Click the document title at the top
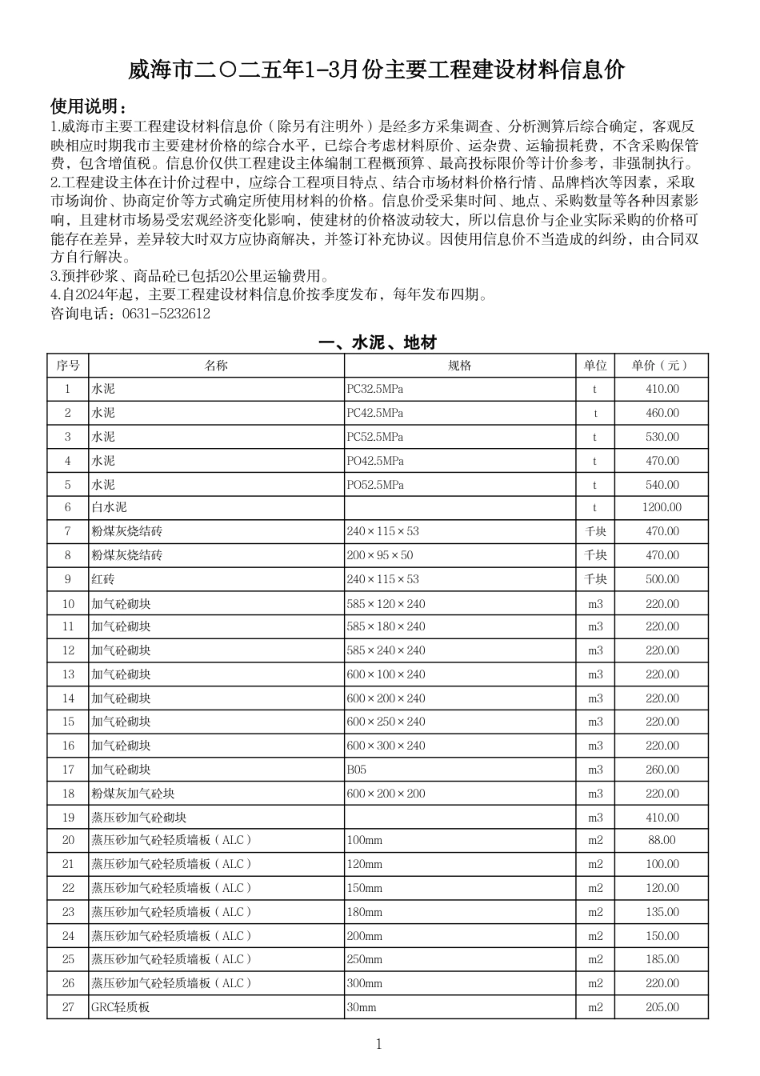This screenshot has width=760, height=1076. coord(377,71)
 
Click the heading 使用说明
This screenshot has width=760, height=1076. coord(88,107)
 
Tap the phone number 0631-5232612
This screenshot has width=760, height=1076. coord(166,314)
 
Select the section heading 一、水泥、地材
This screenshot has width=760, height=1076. coord(378,343)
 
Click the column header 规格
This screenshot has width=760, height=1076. coord(460,366)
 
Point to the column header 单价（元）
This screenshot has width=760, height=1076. coord(661,366)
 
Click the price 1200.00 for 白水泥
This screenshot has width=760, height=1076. coord(662,507)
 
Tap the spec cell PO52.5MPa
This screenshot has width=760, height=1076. coord(375,485)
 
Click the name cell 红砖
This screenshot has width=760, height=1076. coord(103,579)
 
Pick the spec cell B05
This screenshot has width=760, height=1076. coord(357,770)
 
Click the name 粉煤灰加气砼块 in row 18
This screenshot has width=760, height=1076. coord(133,794)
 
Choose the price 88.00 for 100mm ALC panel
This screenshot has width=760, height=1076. coord(662,840)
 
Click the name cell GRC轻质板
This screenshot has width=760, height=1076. coord(121,1007)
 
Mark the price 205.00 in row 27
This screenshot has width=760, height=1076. coord(662,1007)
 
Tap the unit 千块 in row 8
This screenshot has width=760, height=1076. coord(595,555)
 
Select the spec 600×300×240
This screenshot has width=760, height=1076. coord(386,746)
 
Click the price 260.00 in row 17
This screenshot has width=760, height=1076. coord(662,770)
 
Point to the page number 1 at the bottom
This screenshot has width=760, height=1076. coord(378,1044)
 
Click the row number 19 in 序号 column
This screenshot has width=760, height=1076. coord(68,818)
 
